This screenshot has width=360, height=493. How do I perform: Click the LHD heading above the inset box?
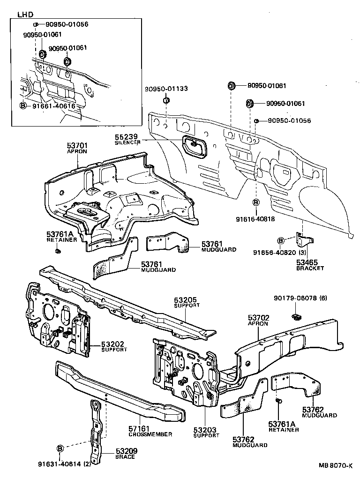(24, 14)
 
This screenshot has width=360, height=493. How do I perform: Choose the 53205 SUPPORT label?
(187, 302)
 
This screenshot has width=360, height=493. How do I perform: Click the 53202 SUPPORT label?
(114, 346)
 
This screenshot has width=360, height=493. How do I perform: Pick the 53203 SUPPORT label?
(206, 432)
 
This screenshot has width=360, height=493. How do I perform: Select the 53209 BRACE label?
(125, 453)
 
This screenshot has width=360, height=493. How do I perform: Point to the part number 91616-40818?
(255, 218)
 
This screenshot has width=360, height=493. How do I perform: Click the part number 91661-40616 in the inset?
(53, 106)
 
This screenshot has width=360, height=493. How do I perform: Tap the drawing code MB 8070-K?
(335, 466)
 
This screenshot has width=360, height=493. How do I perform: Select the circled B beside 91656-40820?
(281, 240)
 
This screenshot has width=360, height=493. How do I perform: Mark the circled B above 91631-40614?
(60, 448)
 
